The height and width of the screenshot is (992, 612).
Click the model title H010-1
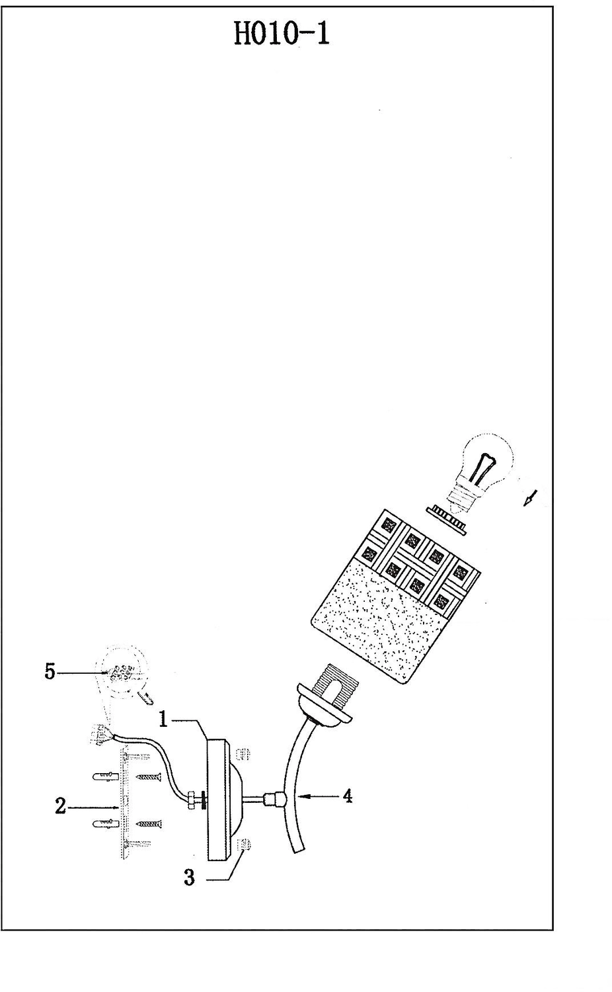tap(282, 32)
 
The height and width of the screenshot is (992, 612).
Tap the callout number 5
tap(50, 672)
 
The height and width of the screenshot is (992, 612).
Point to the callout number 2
tap(60, 806)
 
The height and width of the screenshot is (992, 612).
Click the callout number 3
tap(190, 878)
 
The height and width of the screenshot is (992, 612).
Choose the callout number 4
tap(347, 796)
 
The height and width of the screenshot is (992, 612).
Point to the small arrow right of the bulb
tap(530, 498)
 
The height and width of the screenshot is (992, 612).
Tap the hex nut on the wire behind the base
tap(192, 799)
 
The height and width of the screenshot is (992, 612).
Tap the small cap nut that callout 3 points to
tap(243, 845)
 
